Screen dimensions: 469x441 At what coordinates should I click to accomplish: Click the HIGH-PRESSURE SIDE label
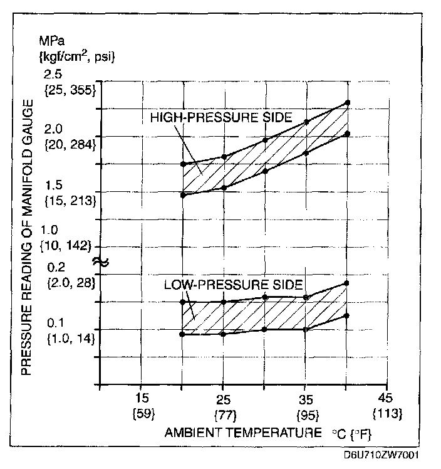[222, 117]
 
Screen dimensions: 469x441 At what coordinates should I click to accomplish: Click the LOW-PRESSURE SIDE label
[233, 283]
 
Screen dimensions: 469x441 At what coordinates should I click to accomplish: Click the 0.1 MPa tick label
[58, 323]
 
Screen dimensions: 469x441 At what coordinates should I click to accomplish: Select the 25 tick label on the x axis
[223, 398]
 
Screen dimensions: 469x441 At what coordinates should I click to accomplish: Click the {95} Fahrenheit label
[305, 414]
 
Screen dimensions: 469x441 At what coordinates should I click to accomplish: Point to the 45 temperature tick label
[385, 398]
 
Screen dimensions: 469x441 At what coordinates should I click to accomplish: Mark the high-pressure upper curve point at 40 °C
[347, 102]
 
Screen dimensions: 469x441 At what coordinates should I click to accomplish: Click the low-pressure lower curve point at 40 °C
[347, 315]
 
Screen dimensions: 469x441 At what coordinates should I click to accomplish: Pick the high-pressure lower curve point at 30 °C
[265, 171]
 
